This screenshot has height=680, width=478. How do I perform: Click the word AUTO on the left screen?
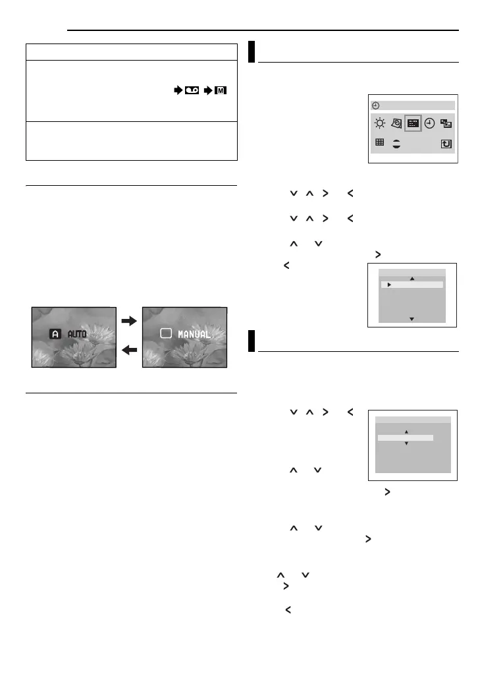coord(78,335)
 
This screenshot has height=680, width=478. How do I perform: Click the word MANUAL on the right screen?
coord(194,334)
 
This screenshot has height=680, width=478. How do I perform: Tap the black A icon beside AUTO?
coord(56,335)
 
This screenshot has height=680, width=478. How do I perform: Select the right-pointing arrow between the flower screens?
coord(130,322)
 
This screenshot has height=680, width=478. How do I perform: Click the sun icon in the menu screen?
coord(379,123)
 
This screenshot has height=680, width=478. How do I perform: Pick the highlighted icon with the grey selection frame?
coord(413,123)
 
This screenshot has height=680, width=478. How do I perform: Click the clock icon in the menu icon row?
coord(429,123)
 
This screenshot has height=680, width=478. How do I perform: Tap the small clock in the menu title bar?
coord(375,105)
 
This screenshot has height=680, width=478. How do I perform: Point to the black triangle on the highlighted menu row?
coord(389,285)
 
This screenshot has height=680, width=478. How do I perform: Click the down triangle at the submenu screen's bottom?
coord(412,319)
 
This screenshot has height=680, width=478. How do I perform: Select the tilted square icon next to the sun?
coord(396,123)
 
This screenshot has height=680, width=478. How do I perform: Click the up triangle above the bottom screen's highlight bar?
coord(406,432)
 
